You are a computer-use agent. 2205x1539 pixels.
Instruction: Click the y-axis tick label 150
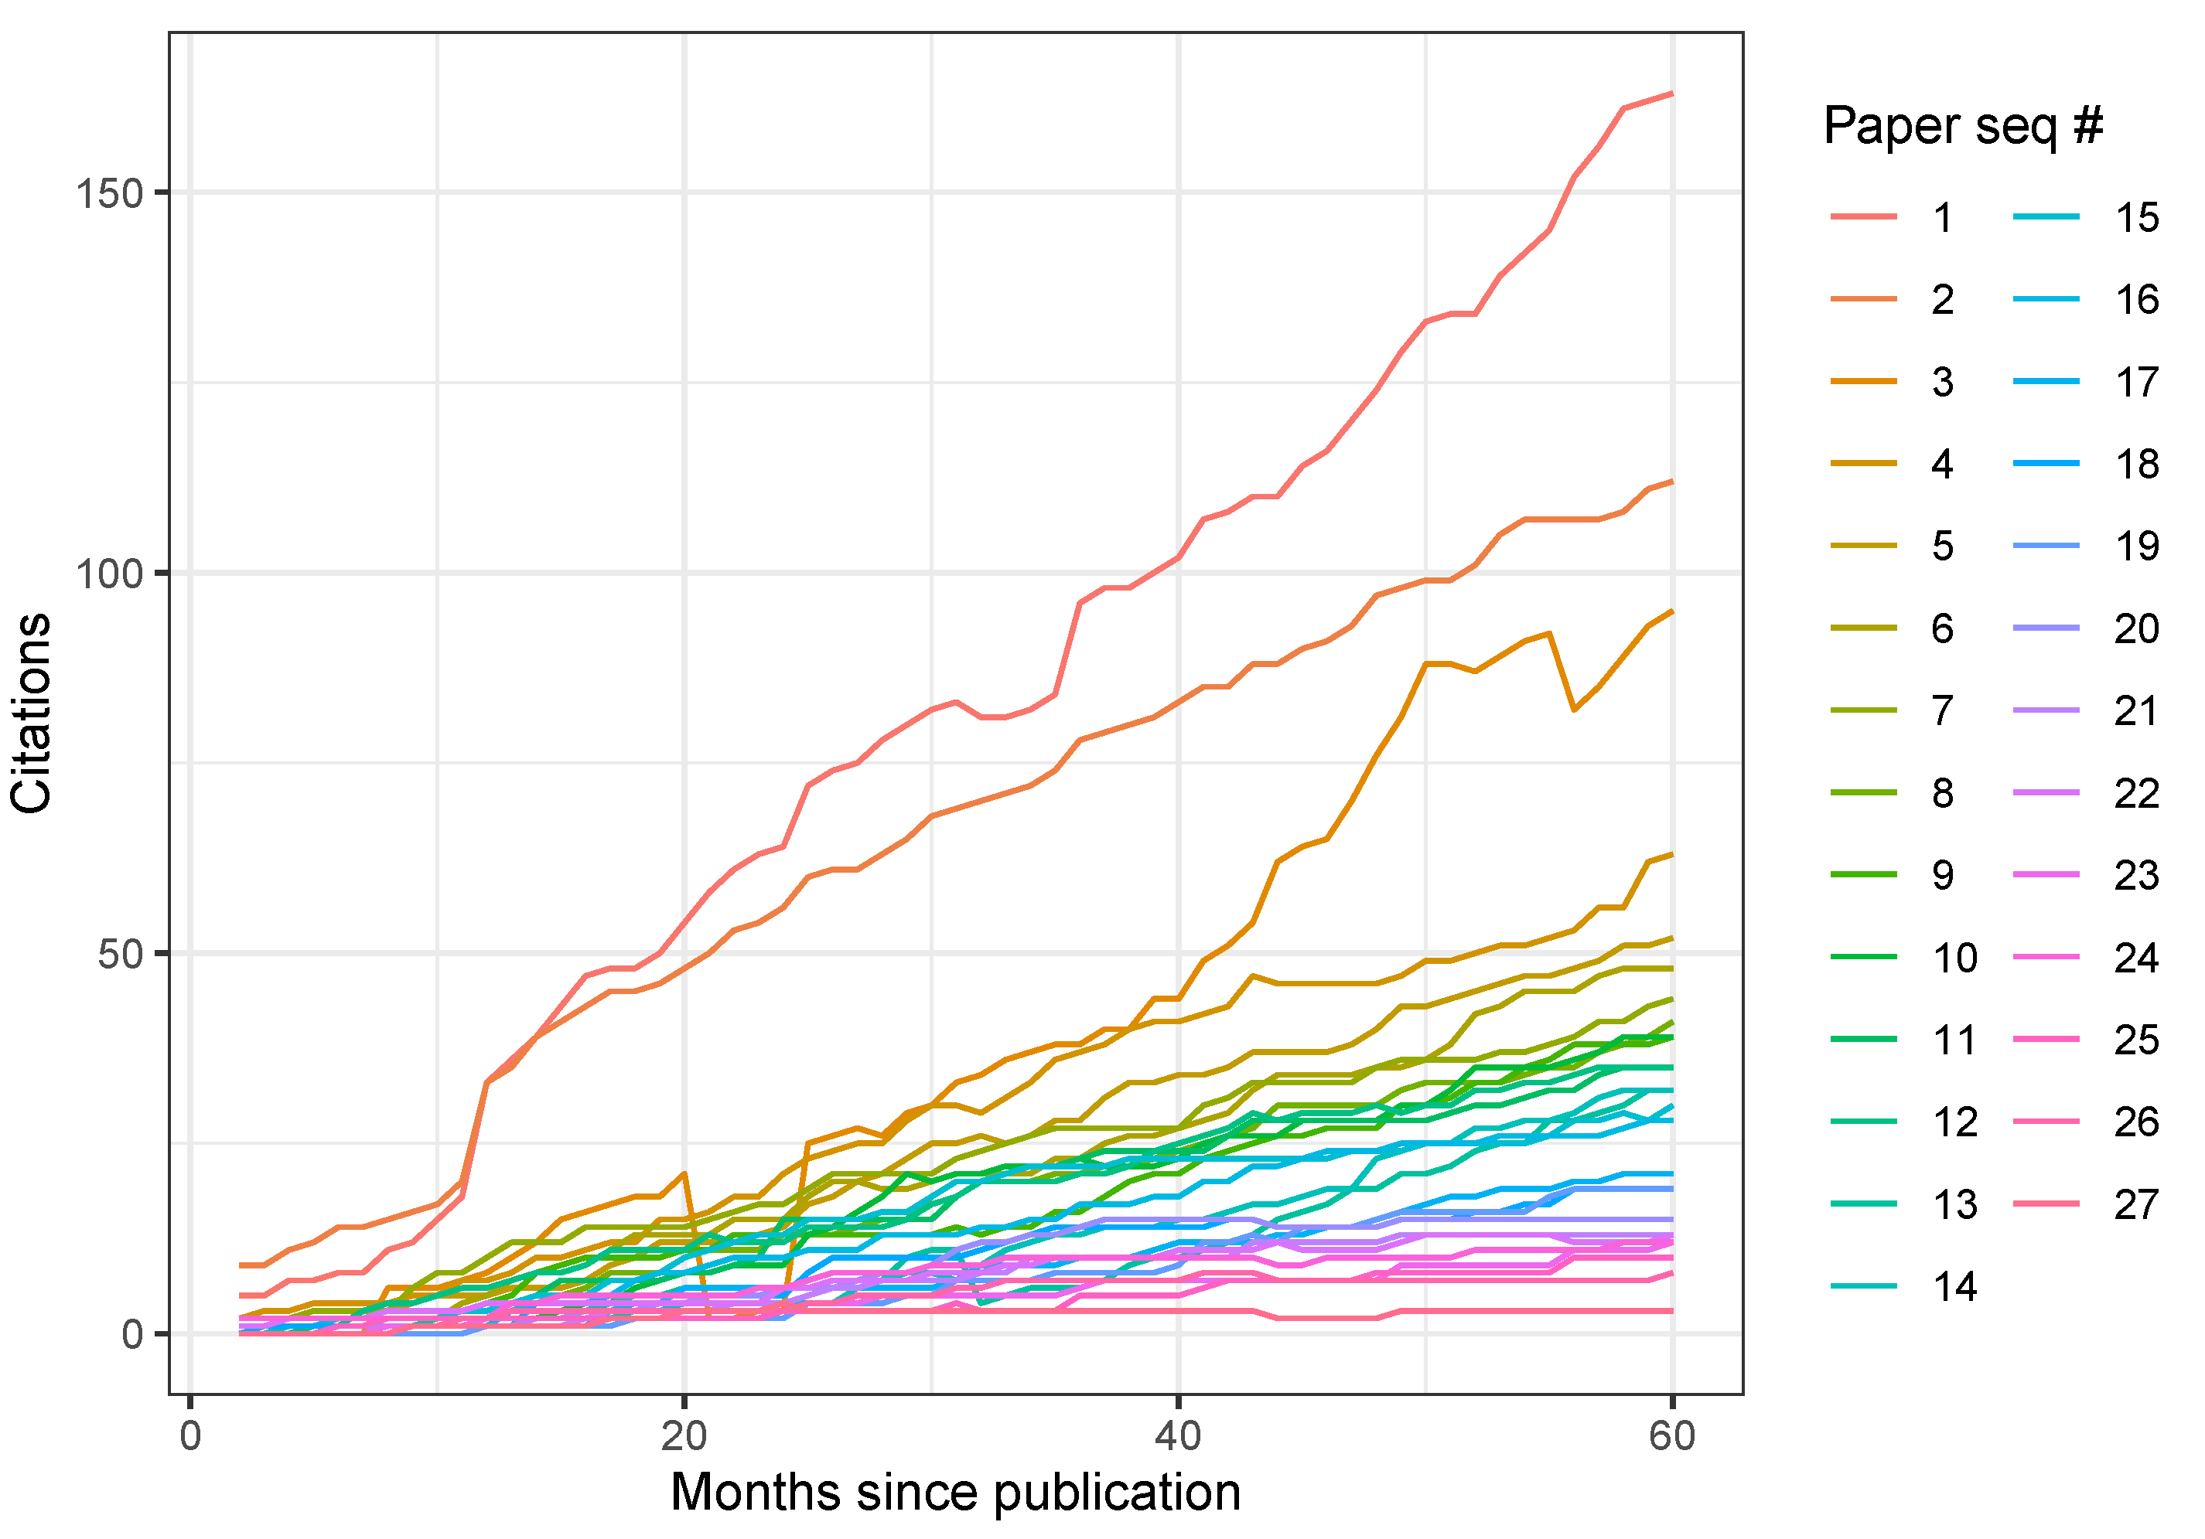point(108,194)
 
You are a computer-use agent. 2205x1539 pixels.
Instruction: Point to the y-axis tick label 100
point(108,574)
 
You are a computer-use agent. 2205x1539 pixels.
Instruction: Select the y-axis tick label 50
point(119,955)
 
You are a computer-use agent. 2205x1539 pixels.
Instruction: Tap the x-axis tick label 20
point(684,1436)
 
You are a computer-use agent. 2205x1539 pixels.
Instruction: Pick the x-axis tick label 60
point(1672,1436)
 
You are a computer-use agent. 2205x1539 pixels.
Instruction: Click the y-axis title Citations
point(32,713)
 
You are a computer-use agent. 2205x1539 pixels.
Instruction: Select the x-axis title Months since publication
point(956,1493)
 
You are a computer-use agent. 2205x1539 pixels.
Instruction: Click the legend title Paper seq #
point(1963,126)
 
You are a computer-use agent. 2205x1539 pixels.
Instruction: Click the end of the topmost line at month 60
point(1672,93)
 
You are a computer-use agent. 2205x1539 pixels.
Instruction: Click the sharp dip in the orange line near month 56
point(1573,710)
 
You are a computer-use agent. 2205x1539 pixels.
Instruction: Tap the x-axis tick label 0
point(190,1436)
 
